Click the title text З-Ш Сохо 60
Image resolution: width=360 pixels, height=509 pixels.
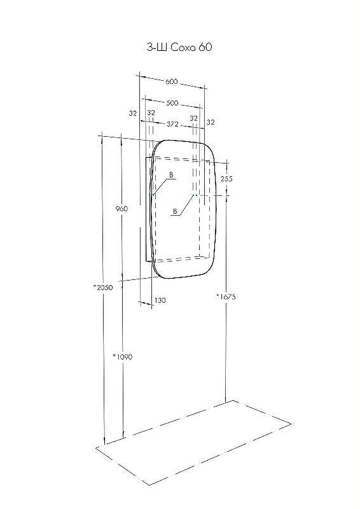click(x=180, y=47)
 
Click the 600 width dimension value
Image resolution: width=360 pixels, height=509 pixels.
click(x=171, y=82)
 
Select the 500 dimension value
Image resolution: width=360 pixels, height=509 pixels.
click(x=171, y=103)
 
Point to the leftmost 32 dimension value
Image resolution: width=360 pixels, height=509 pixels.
click(x=132, y=113)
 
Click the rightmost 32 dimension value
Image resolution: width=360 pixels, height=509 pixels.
click(x=211, y=122)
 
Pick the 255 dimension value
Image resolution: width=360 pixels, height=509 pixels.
click(x=226, y=179)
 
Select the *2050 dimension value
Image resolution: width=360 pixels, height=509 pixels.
click(x=102, y=288)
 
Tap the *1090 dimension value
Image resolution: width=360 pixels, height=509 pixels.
click(x=122, y=356)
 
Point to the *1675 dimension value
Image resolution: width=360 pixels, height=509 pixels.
click(x=226, y=296)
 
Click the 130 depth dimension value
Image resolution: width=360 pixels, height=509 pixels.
click(x=160, y=300)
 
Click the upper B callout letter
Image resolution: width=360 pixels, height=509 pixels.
click(x=171, y=174)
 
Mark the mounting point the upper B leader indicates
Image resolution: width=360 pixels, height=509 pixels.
click(x=153, y=194)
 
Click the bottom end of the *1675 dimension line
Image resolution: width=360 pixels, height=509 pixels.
click(x=226, y=402)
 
